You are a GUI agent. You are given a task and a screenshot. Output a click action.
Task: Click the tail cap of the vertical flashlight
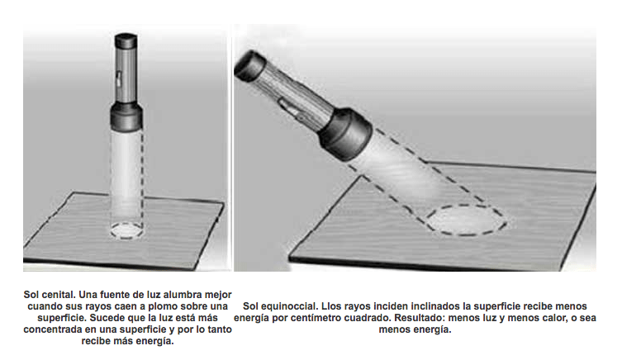(x=126, y=41)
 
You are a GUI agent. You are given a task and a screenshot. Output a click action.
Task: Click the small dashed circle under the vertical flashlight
(x=127, y=230)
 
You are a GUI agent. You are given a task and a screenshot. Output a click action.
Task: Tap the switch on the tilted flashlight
(x=289, y=108)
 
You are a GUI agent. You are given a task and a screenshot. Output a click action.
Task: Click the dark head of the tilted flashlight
(x=345, y=133)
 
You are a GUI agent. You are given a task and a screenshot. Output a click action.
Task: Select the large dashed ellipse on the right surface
(x=467, y=220)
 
